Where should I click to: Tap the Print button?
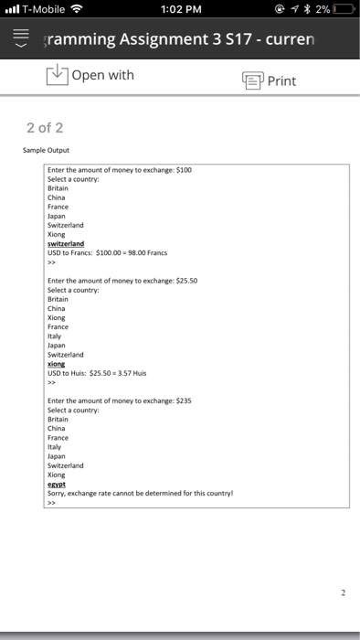click(x=269, y=80)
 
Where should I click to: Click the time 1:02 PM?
click(x=179, y=11)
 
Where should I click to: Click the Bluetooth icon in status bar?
click(x=309, y=11)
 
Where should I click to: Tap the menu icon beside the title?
click(x=19, y=41)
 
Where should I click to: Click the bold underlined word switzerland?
click(x=65, y=243)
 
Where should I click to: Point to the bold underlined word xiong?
click(x=57, y=363)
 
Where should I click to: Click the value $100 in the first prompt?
click(x=183, y=170)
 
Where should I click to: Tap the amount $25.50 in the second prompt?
click(x=185, y=281)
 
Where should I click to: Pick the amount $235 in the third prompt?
click(x=183, y=400)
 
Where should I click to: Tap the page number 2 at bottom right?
click(x=343, y=592)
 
